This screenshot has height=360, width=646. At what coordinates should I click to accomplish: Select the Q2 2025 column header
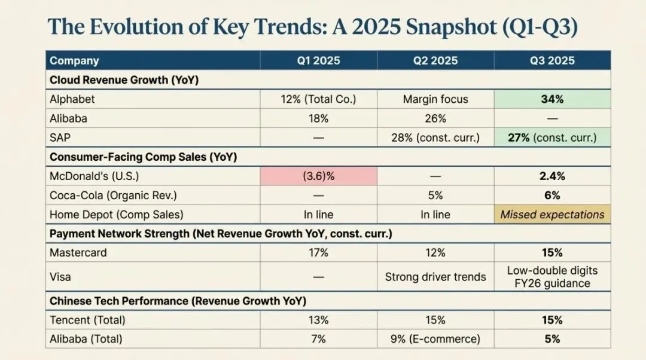[x=435, y=60]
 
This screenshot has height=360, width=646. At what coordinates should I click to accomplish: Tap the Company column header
[x=74, y=60]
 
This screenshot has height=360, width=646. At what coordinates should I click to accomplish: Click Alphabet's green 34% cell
[x=552, y=99]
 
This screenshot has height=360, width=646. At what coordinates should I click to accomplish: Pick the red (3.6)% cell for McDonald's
[x=318, y=176]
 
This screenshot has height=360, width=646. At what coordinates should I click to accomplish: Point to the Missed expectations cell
[x=552, y=215]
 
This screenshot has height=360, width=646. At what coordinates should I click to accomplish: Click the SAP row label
[x=60, y=138]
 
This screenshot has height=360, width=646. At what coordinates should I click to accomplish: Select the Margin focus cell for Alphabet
[x=435, y=99]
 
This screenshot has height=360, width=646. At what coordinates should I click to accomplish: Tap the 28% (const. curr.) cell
[x=435, y=138]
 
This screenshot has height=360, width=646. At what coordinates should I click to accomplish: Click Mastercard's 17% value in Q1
[x=318, y=253]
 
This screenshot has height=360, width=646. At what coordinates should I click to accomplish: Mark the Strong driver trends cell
[x=435, y=277]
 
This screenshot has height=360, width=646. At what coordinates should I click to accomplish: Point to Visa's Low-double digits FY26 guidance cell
[x=552, y=277]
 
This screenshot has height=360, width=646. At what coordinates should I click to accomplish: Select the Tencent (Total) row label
[x=87, y=320]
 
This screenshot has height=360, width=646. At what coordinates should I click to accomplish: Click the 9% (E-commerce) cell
[x=435, y=339]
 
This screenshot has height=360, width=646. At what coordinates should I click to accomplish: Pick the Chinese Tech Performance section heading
[x=178, y=301]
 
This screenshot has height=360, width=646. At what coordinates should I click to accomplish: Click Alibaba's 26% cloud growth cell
[x=435, y=118]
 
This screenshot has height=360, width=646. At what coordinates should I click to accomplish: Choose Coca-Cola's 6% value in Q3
[x=552, y=196]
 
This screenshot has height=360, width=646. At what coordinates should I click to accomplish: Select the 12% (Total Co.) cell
[x=318, y=99]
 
